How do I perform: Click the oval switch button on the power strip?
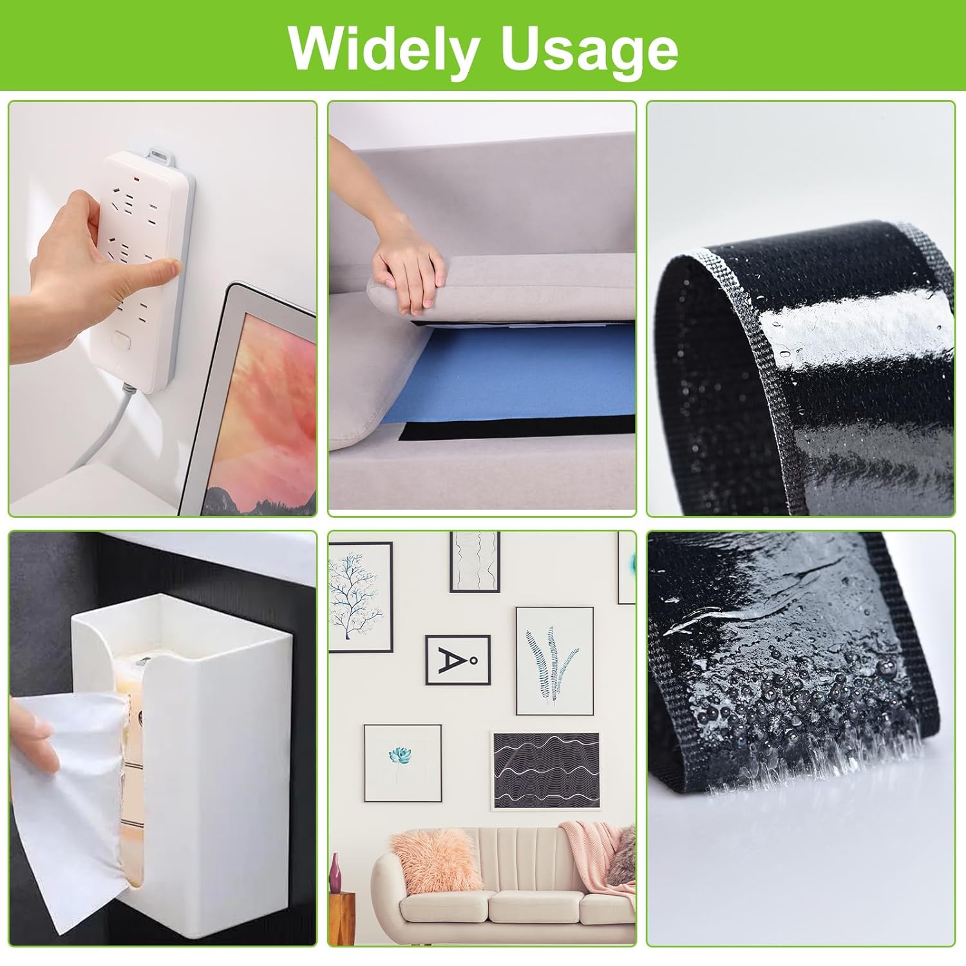120,339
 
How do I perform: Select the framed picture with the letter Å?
458,660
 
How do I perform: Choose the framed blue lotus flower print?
402,762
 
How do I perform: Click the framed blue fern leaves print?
554,660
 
